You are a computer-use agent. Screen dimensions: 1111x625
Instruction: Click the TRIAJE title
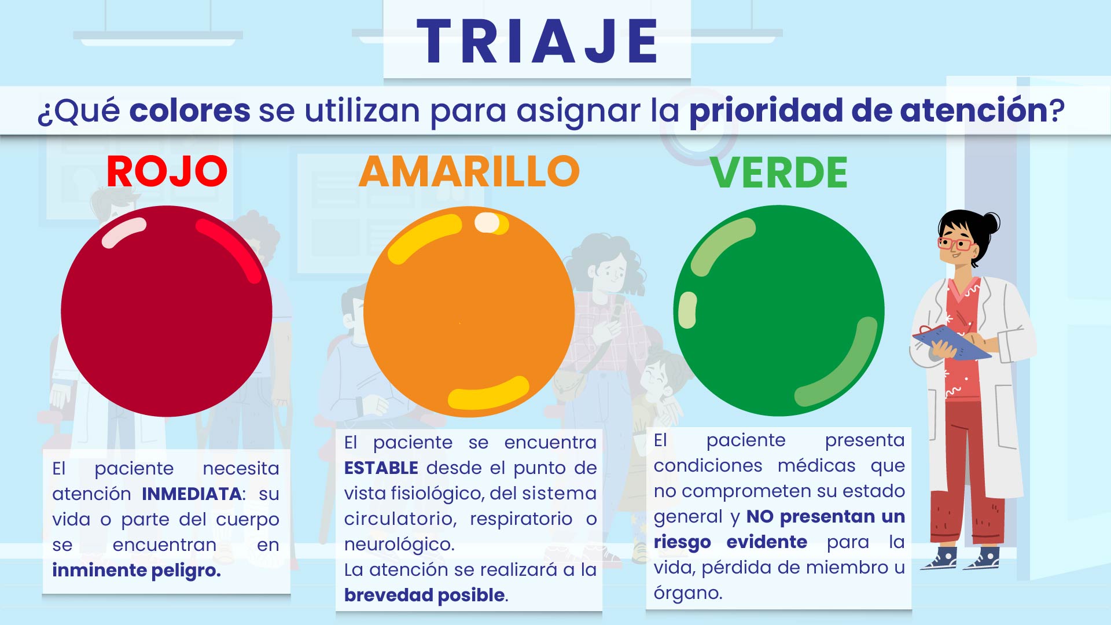pos(537,41)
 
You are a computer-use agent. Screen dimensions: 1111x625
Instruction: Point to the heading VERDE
pos(779,172)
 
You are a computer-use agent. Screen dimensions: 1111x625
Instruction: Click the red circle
pos(167,311)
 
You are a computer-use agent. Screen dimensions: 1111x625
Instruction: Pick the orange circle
pos(469,311)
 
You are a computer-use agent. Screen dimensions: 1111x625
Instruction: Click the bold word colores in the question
pos(190,110)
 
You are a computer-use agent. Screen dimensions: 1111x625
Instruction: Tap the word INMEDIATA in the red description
pos(192,494)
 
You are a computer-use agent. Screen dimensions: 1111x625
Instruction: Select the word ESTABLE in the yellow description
pos(381,468)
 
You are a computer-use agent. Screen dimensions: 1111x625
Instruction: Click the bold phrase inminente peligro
pos(137,571)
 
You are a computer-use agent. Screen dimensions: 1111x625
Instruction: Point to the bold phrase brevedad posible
pos(425,595)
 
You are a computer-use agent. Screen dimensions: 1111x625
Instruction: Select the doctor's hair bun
pos(991,223)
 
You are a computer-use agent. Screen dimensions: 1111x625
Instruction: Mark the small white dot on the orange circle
pos(487,223)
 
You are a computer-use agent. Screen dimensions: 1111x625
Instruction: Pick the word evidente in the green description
pos(767,542)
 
